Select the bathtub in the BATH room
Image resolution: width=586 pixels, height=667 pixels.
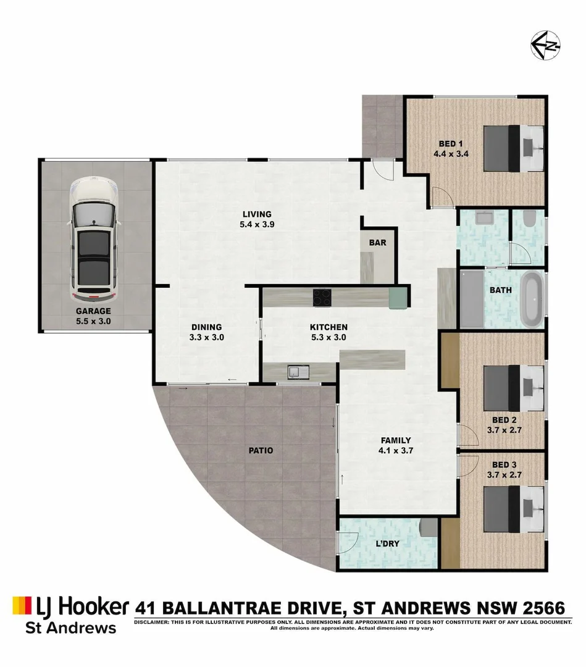click(532, 300)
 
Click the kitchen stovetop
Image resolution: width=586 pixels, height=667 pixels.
click(321, 297)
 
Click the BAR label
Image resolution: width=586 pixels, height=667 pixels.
click(377, 243)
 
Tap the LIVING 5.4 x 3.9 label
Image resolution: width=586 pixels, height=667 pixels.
click(256, 220)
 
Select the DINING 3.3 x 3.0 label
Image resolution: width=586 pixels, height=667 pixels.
click(206, 332)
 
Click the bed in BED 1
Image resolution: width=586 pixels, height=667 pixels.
click(513, 147)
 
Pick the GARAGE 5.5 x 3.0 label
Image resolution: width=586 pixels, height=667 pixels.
click(93, 316)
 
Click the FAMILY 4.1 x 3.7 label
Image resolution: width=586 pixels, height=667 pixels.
click(396, 445)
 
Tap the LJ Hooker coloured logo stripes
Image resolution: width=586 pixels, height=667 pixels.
click(21, 605)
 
